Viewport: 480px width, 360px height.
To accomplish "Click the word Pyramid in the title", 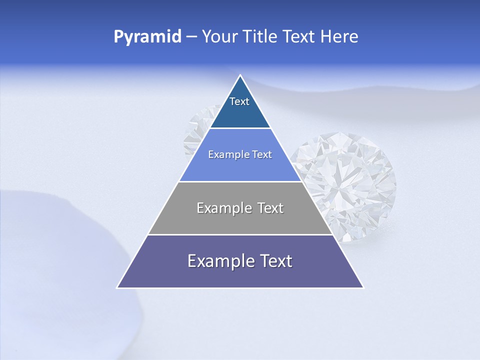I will pyautogui.click(x=147, y=37).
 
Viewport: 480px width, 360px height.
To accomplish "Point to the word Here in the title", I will pyautogui.click(x=339, y=37).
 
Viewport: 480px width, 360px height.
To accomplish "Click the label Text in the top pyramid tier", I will pyautogui.click(x=239, y=102).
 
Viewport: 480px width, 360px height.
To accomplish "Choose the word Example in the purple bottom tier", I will pyautogui.click(x=217, y=261).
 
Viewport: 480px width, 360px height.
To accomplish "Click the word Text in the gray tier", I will pyautogui.click(x=269, y=208).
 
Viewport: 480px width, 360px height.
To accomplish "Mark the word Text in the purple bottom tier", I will pyautogui.click(x=275, y=261).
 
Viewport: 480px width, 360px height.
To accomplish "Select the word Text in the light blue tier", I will pyautogui.click(x=262, y=155).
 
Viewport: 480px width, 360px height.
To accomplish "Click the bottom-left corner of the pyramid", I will pyautogui.click(x=117, y=287).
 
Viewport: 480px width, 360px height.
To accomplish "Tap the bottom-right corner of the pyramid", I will pyautogui.click(x=363, y=287).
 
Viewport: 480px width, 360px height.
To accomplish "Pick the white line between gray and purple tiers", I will pyautogui.click(x=240, y=234).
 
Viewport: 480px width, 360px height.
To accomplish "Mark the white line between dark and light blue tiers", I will pyautogui.click(x=240, y=128).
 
